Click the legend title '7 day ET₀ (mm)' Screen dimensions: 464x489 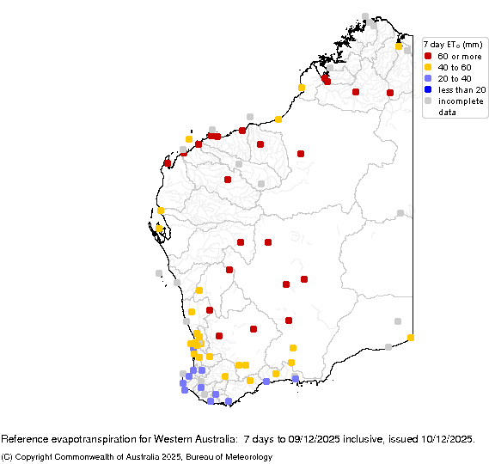pos(453,45)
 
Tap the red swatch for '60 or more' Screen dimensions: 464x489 pos(428,56)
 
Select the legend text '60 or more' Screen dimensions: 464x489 pos(457,56)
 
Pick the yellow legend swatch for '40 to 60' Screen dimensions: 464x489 pos(428,67)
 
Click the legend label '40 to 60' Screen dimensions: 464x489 pos(455,67)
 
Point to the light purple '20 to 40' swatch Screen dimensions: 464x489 pos(428,78)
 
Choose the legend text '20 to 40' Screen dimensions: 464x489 pos(455,78)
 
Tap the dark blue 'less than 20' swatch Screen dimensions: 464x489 pos(428,89)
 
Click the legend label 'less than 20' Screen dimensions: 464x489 pos(461,89)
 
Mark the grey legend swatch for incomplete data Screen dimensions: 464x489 pos(428,101)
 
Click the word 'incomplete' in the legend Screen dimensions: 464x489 pos(457,101)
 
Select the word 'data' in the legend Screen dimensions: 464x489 pos(448,112)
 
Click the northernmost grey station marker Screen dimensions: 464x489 pos(365,16)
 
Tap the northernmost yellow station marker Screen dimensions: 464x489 pos(399,46)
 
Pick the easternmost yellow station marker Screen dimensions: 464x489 pos(411,338)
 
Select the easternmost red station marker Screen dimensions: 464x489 pos(390,93)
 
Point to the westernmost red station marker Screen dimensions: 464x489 pos(168,163)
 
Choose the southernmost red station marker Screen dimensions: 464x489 pos(219,336)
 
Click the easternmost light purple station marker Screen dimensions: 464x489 pos(295,379)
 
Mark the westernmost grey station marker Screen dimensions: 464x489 pos(159,273)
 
